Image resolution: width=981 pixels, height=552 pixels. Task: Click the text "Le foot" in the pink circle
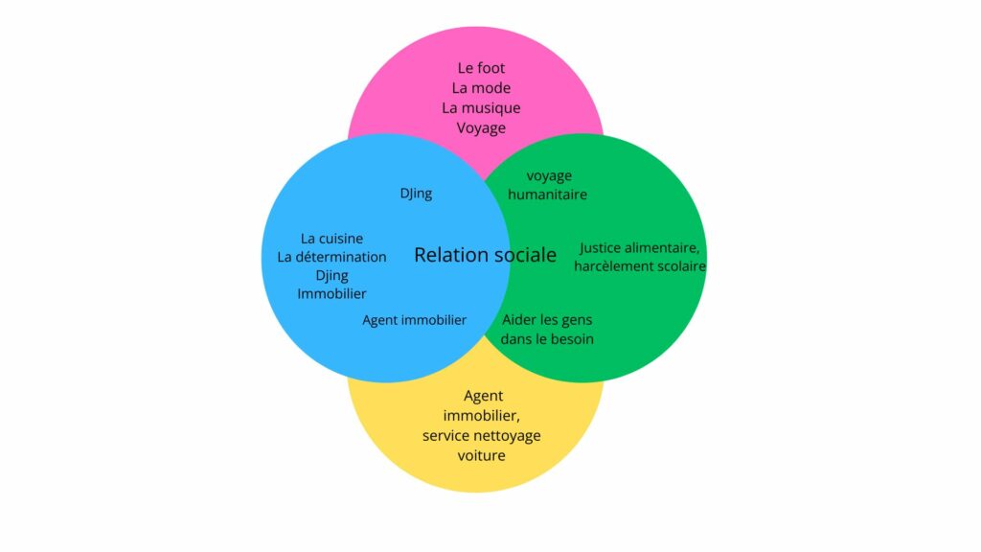[x=481, y=68]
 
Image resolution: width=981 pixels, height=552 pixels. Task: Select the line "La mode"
[x=481, y=88]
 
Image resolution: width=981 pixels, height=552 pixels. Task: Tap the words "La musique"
[x=481, y=107]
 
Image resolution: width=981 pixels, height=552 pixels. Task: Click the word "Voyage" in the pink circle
[x=481, y=127]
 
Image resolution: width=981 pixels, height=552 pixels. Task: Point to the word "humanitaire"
[x=547, y=195]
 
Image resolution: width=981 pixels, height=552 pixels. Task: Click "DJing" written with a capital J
[x=416, y=194]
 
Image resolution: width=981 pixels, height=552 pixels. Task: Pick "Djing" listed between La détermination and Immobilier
[x=331, y=275]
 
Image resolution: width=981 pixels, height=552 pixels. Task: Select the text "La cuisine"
[x=331, y=239]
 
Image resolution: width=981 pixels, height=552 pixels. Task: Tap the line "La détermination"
[x=331, y=257]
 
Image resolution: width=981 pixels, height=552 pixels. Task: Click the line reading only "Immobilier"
[x=331, y=293]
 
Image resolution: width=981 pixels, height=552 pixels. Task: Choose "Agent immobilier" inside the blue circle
[x=414, y=320]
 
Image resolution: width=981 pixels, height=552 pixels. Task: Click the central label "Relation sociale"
[x=485, y=255]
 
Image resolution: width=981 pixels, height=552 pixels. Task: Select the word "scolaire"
[x=681, y=266]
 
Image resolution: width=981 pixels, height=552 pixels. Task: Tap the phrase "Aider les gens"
[x=547, y=319]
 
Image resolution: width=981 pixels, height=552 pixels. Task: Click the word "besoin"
[x=571, y=338]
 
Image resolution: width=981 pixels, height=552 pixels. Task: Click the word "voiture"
[x=481, y=455]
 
